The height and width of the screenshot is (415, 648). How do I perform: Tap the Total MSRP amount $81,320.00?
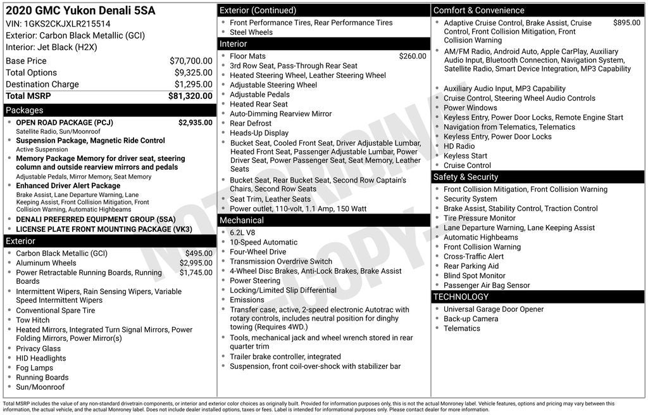point(190,96)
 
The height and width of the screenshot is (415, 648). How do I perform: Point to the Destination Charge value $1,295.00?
point(193,84)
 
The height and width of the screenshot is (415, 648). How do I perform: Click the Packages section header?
point(25,110)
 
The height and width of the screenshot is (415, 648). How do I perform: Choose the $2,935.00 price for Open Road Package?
point(195,123)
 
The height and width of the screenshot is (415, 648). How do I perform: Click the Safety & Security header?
point(465,177)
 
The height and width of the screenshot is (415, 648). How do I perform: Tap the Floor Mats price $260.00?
point(413,56)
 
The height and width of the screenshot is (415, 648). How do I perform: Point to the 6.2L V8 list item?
point(242,233)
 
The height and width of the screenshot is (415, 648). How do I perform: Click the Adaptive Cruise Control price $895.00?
point(626,23)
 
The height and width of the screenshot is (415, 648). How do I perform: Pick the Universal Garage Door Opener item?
point(494,309)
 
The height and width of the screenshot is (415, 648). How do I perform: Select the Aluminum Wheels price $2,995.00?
point(196,263)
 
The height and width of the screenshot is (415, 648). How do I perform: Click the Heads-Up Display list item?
point(259,133)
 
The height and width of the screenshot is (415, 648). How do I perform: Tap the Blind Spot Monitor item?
point(475,276)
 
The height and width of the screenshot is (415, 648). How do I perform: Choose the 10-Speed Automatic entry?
point(263,242)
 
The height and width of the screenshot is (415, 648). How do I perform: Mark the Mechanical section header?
point(241,220)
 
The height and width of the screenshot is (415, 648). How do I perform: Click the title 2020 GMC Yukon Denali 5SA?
point(80,11)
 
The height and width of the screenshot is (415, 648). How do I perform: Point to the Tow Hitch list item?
point(33,320)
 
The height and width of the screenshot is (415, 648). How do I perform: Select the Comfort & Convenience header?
point(478,10)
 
